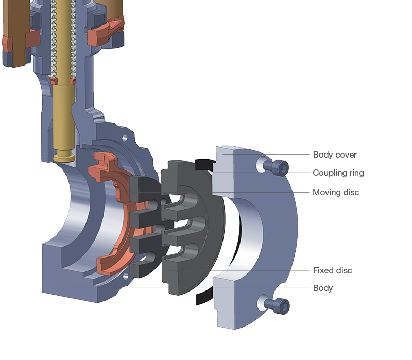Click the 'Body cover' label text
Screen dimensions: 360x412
point(334,155)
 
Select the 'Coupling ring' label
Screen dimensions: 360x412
point(338,173)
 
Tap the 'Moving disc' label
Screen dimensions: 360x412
point(336,192)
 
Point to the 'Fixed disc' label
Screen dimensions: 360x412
point(332,270)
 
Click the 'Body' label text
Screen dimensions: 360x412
point(322,288)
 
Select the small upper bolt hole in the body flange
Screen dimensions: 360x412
point(124,138)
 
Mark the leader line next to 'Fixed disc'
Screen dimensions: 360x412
point(268,270)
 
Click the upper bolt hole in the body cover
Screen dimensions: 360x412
point(261,164)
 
